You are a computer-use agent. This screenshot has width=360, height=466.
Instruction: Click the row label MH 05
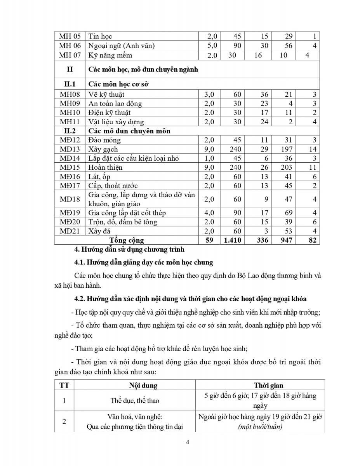[70, 36]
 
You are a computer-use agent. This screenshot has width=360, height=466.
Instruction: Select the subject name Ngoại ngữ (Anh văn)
[122, 45]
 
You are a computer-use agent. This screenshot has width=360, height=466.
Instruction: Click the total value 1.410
[233, 240]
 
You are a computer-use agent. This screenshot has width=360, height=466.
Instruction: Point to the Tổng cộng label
[127, 240]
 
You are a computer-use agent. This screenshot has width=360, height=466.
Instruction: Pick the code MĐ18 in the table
[70, 199]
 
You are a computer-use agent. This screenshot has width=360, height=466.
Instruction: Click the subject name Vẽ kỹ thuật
[106, 94]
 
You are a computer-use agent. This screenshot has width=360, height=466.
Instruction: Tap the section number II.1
[70, 83]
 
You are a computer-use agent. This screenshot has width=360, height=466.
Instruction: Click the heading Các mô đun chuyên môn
[129, 131]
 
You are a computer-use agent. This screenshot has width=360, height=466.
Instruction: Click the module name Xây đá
[100, 231]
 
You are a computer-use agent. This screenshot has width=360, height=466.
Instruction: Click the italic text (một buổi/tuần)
[260, 426]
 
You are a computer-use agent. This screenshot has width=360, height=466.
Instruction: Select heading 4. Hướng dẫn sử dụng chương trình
[129, 249]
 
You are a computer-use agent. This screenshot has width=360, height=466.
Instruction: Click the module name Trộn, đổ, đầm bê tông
[123, 222]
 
